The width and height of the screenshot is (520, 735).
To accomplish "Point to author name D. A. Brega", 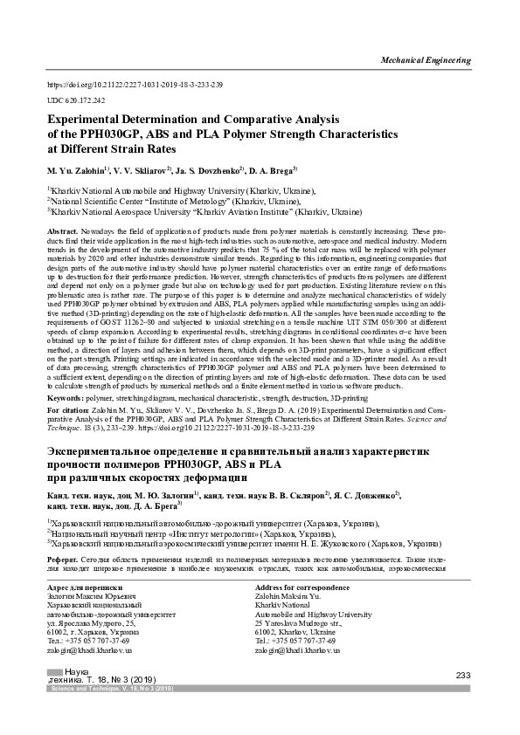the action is pos(272,169).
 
